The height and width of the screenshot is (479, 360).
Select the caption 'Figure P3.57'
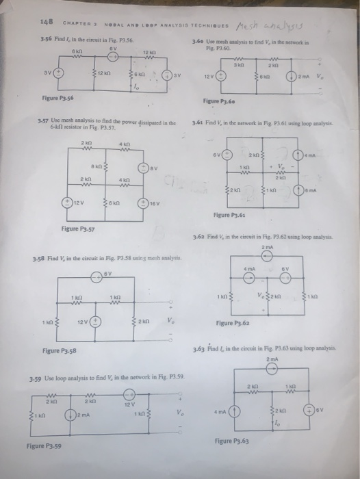[x=77, y=228]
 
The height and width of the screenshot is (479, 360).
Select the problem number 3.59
[x=34, y=376]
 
